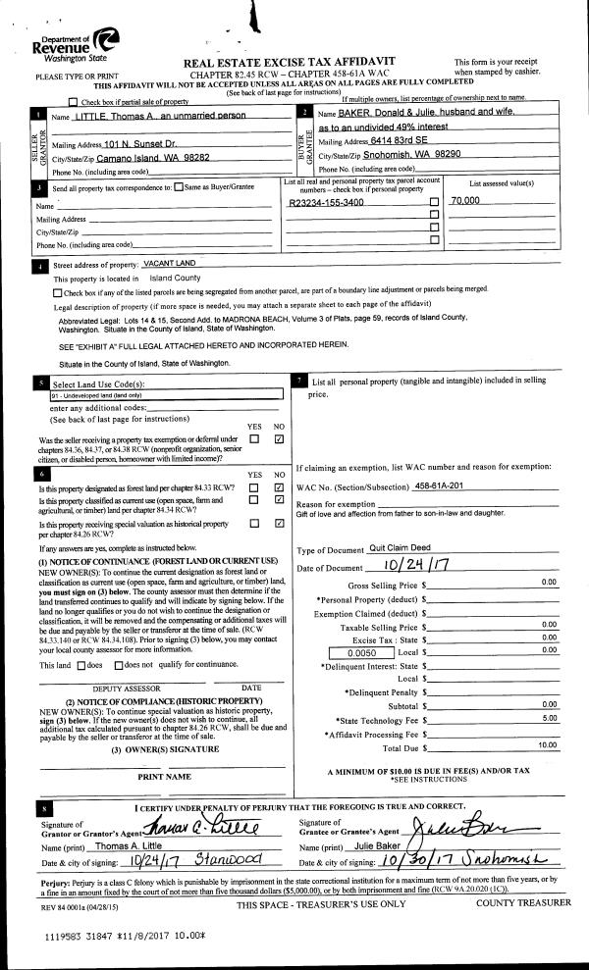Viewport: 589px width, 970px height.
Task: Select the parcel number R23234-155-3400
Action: [x=327, y=202]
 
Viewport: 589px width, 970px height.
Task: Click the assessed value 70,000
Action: [x=464, y=201]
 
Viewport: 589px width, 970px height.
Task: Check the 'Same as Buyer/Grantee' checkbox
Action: [x=179, y=187]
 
